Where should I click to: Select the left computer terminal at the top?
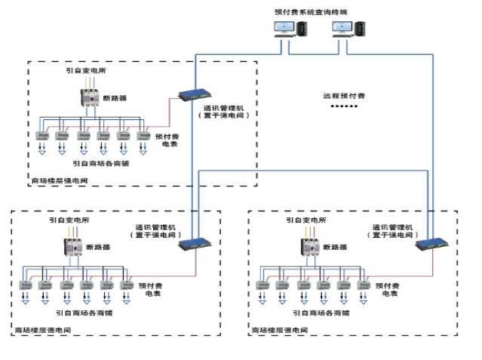tap(290, 29)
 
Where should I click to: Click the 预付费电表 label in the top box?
tap(167, 140)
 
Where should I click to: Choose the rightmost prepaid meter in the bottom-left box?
tap(127, 286)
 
